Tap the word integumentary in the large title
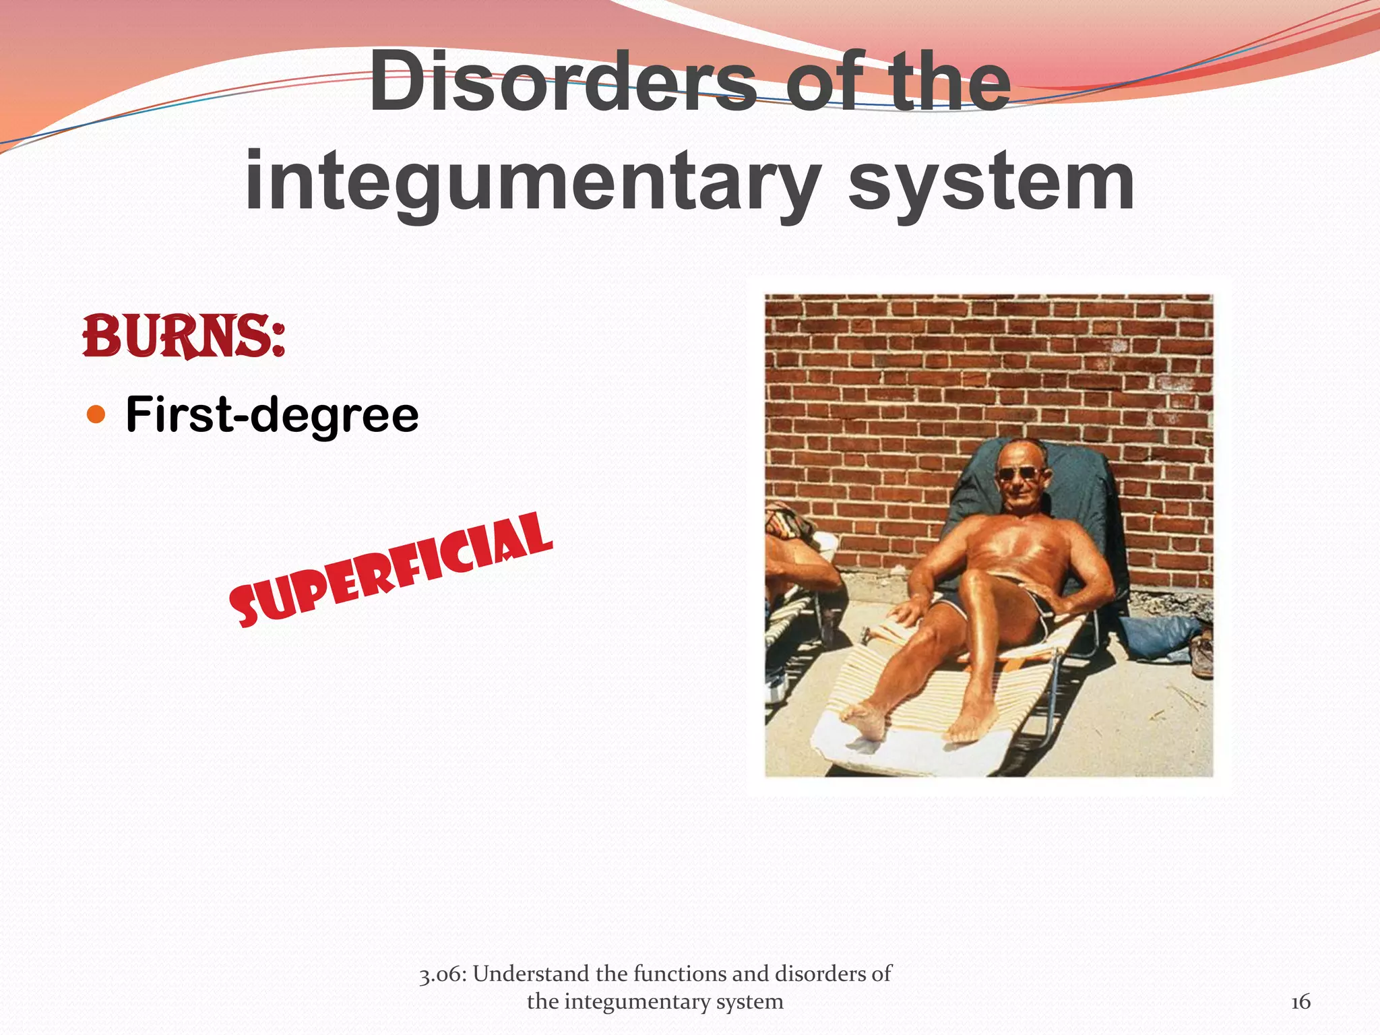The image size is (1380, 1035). [x=532, y=181]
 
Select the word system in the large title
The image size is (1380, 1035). [x=991, y=181]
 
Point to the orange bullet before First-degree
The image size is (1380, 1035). [x=97, y=414]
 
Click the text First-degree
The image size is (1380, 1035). [x=272, y=414]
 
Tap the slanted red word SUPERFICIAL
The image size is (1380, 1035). [x=391, y=570]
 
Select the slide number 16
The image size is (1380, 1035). [x=1300, y=1002]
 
